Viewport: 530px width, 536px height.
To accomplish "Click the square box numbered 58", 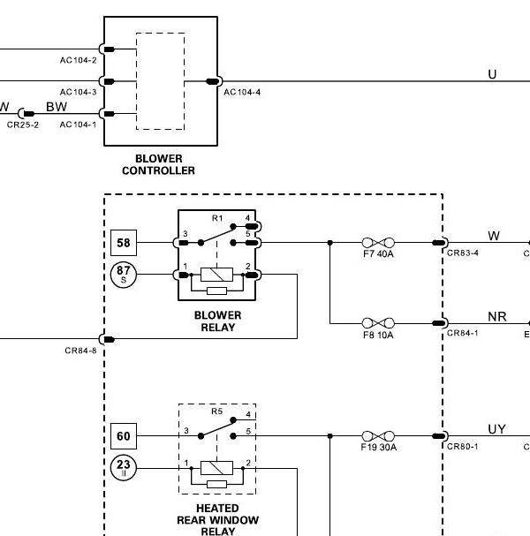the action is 124,243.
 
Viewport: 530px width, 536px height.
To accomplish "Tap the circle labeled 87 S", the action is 124,275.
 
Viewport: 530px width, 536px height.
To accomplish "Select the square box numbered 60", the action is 124,436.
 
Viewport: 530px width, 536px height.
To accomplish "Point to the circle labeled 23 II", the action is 124,468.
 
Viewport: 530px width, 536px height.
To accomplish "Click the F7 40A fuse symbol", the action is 378,243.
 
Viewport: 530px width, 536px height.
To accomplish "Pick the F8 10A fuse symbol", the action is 378,323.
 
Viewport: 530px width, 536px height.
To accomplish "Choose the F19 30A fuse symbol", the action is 378,436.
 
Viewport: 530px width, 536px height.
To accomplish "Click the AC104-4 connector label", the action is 242,93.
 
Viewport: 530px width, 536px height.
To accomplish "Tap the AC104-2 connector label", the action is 79,61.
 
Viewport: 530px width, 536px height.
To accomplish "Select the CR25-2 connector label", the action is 23,125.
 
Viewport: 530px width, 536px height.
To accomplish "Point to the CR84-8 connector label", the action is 80,351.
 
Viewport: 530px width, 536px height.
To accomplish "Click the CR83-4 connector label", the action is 463,253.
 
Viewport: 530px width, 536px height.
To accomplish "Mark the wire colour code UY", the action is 496,429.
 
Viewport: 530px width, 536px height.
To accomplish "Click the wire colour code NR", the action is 497,317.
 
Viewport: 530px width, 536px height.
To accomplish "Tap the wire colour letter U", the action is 492,74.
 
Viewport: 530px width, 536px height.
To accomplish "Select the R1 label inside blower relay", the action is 217,218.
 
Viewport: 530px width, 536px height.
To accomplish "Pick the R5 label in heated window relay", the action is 217,411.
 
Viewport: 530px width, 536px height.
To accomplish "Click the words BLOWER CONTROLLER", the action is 159,164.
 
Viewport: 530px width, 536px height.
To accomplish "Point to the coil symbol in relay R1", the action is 216,275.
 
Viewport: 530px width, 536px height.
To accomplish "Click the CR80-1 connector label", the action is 463,447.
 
